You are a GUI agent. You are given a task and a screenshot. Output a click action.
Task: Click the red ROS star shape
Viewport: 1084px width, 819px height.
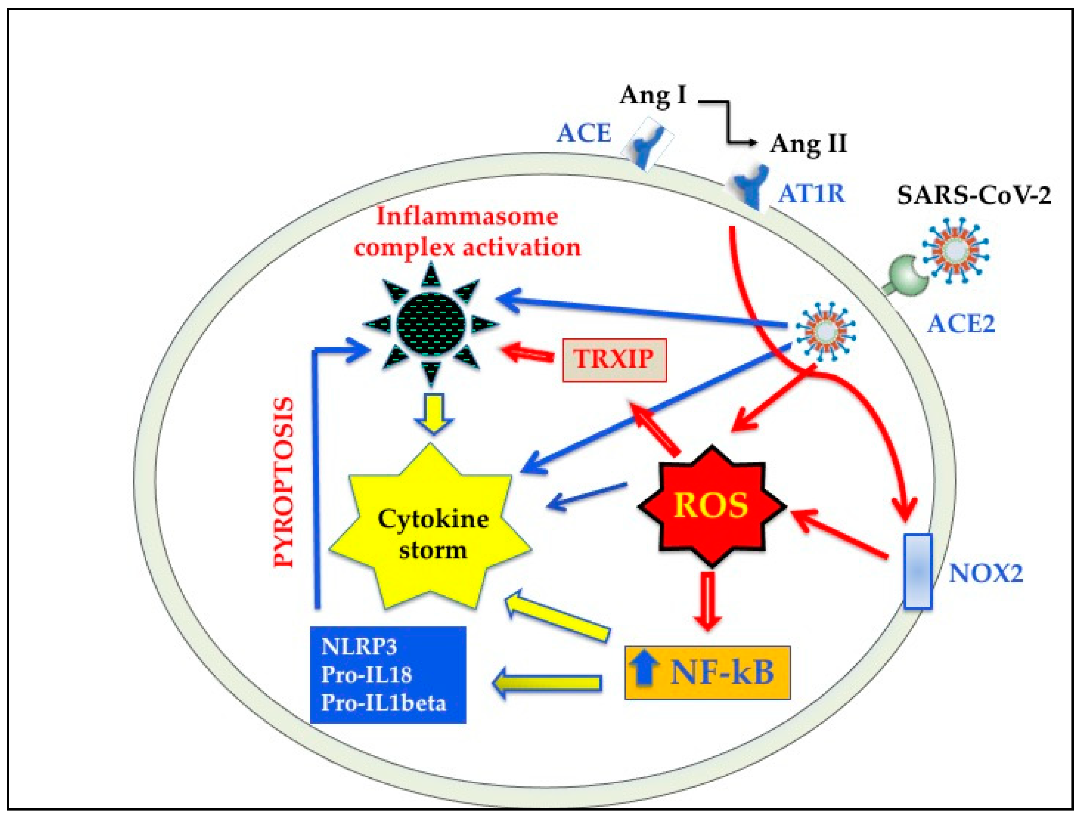pos(711,505)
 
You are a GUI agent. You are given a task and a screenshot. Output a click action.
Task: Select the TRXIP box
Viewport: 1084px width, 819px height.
pos(614,360)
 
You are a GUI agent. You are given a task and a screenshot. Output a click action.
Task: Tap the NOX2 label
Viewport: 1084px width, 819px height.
pos(986,573)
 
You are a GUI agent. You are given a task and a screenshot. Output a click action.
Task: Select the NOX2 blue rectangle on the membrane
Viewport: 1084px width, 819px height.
pos(917,572)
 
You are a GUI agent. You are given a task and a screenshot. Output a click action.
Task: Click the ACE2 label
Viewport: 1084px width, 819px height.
pos(961,324)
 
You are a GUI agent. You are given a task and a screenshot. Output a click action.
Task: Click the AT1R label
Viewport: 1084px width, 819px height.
pos(811,194)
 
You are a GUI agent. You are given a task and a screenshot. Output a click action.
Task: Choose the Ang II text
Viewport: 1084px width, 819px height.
pos(809,144)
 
